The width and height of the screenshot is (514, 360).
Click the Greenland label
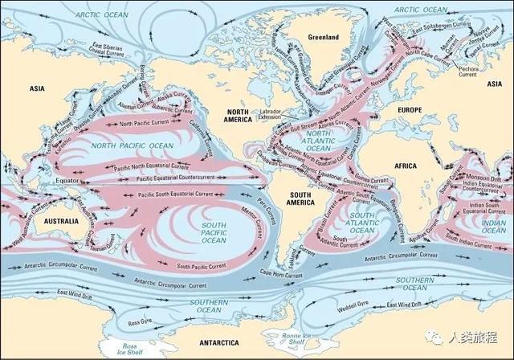click(324, 38)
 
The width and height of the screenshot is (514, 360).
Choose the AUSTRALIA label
click(61, 220)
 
